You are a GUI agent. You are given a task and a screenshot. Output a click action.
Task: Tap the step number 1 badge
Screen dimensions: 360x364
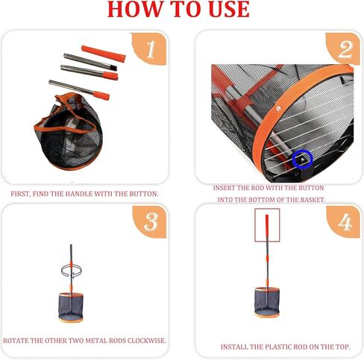pos(149,50)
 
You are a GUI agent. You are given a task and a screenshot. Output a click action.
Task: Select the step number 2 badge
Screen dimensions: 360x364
pos(344,50)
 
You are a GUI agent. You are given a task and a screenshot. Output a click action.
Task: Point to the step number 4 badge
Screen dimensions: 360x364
pos(344,223)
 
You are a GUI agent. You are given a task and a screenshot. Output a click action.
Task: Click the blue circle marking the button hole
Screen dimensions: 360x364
pos(301,157)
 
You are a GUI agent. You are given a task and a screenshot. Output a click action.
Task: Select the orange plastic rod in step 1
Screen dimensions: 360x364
pos(103,53)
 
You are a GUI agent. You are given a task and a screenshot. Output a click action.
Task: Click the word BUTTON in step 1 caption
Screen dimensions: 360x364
pos(140,194)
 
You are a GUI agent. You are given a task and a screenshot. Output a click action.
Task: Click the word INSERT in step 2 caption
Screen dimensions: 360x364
pos(226,189)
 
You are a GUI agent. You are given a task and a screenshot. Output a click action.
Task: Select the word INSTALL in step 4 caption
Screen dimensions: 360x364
pos(236,347)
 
